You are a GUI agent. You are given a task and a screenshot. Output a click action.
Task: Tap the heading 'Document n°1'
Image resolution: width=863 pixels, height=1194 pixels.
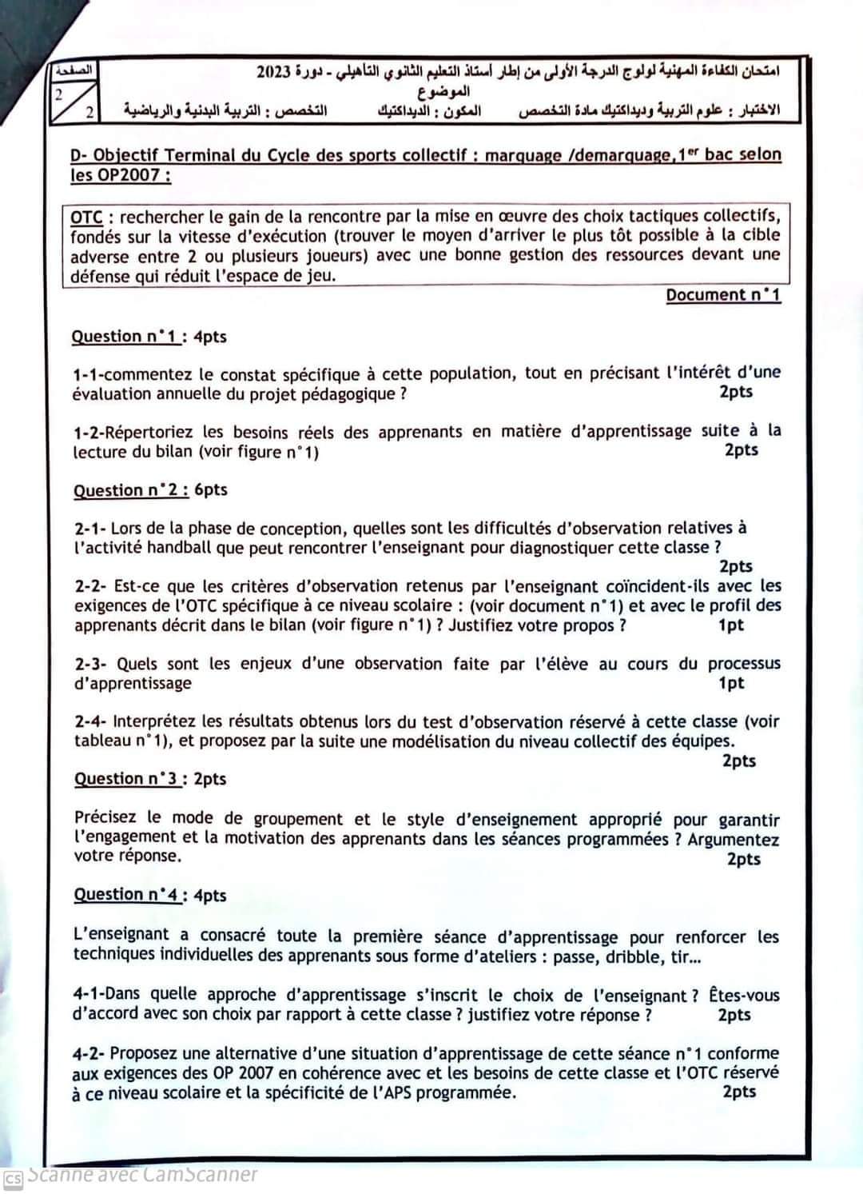click(x=723, y=295)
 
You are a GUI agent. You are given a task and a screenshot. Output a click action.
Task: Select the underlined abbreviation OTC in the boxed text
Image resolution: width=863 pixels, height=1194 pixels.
click(x=86, y=217)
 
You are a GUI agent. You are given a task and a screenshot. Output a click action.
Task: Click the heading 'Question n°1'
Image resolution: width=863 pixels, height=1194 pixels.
click(x=125, y=337)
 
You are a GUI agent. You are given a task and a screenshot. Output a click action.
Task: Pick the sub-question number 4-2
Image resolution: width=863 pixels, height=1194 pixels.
click(x=88, y=1054)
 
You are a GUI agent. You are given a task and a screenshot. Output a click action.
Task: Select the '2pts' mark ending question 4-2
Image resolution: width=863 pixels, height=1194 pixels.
click(x=739, y=1092)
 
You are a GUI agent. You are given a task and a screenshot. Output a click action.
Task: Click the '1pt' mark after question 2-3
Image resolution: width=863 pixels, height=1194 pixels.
click(x=730, y=683)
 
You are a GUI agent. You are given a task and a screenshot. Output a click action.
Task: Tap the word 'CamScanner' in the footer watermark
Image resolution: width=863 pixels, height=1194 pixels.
click(x=201, y=1175)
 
